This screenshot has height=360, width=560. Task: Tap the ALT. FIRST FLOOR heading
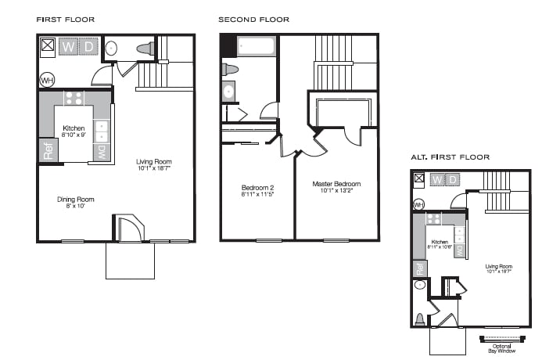pos(450,157)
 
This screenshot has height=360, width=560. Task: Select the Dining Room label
pos(75,199)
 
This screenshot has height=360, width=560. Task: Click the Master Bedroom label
pos(336,185)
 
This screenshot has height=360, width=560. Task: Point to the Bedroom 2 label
pos(257,187)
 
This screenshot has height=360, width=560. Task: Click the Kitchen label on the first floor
pos(74,128)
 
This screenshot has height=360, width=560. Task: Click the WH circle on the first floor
pos(47,80)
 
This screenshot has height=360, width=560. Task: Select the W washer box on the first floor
pos(69,46)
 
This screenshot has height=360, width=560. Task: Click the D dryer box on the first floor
pos(88,46)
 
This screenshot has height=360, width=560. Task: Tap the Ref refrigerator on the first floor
pos(48,150)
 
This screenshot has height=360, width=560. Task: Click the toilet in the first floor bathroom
pos(146,49)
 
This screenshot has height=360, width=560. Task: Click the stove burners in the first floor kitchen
pos(74,99)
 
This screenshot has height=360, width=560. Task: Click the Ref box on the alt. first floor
pos(419,268)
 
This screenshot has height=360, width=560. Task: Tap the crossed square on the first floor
pos(48,45)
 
